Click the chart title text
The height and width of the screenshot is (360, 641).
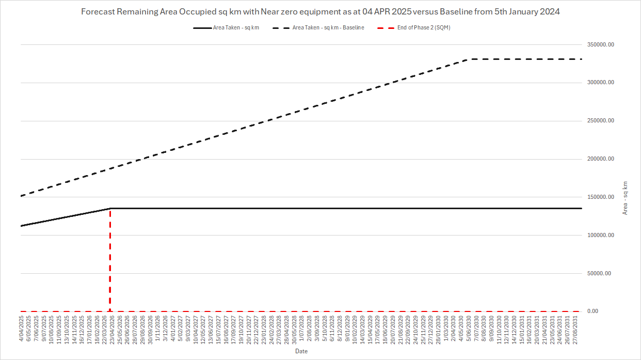click(320, 12)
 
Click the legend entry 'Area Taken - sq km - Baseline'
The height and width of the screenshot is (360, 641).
click(328, 28)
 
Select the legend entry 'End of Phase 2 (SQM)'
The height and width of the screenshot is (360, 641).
click(423, 28)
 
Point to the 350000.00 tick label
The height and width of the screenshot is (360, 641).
click(599, 45)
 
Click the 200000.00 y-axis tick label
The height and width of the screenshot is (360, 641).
click(599, 159)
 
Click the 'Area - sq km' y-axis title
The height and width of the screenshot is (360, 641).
click(626, 198)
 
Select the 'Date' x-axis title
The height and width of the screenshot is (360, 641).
click(301, 351)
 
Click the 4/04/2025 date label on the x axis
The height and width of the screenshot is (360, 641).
click(21, 328)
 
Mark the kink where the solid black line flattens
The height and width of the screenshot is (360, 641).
click(110, 208)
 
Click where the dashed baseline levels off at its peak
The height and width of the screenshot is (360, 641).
click(468, 59)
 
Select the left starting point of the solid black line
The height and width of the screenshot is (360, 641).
click(21, 226)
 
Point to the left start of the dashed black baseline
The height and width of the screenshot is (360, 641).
click(21, 196)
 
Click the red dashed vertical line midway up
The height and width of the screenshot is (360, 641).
click(110, 260)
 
